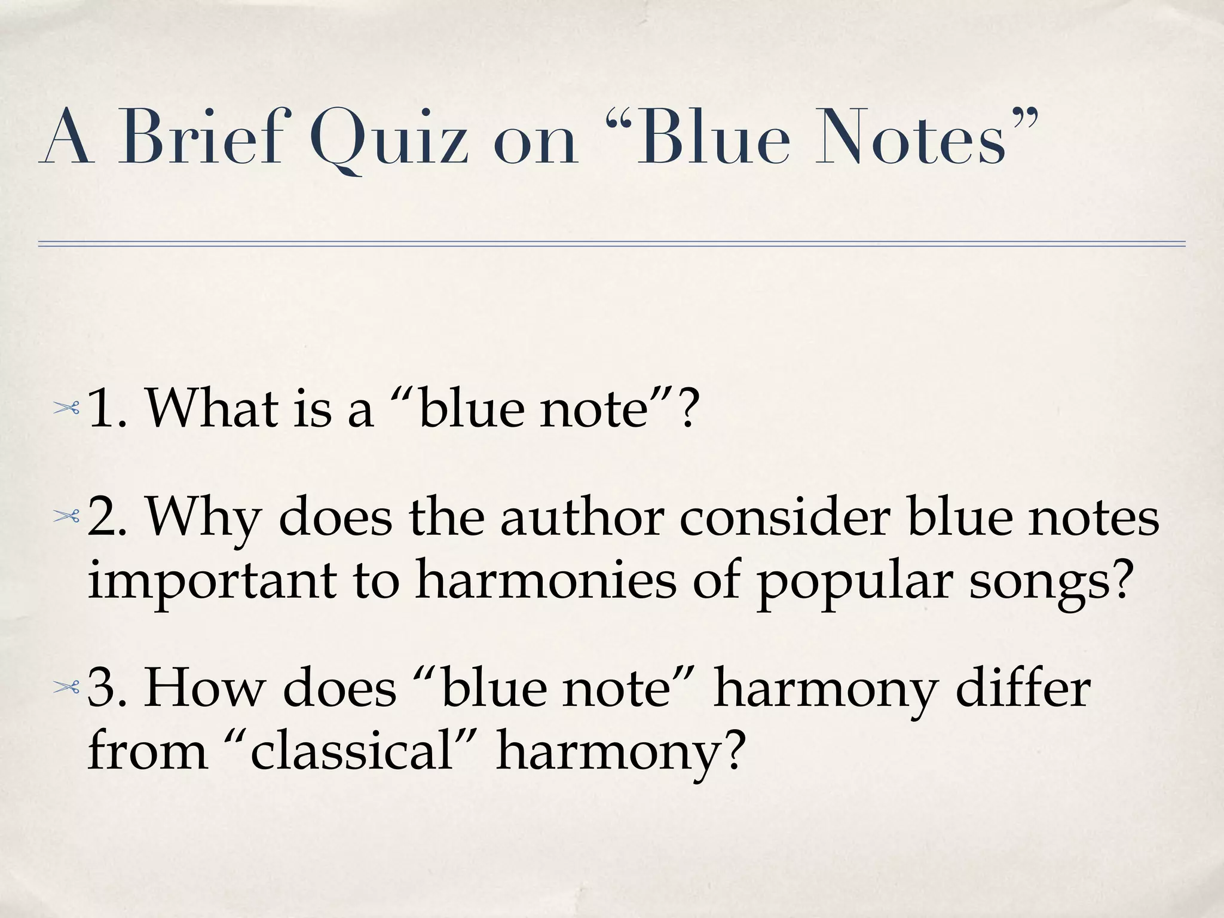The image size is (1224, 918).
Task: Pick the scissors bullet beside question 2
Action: click(66, 517)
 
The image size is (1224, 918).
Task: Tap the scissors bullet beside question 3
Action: click(66, 688)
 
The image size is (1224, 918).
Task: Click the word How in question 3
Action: click(203, 688)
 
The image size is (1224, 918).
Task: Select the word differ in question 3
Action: click(1023, 688)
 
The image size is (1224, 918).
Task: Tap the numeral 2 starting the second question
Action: click(102, 518)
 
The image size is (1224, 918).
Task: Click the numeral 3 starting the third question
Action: click(102, 688)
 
